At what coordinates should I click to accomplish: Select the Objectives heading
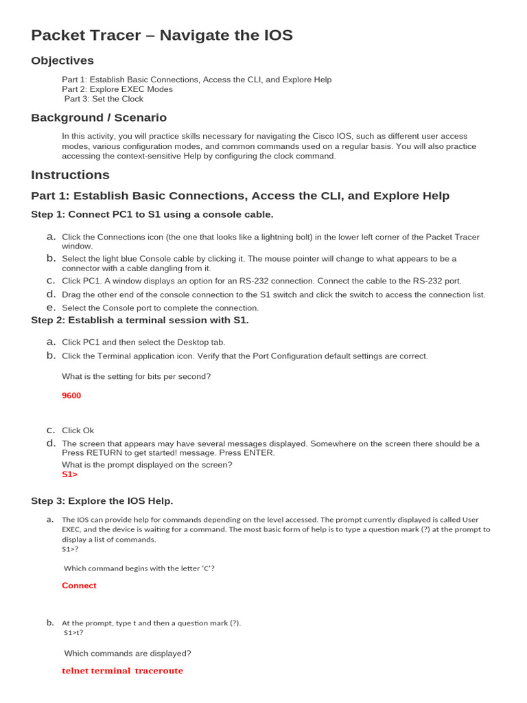62,61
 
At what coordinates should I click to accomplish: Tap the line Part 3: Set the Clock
104,99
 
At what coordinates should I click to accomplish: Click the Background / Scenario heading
99,118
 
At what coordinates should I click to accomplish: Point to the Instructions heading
70,175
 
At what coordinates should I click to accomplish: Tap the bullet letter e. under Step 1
51,308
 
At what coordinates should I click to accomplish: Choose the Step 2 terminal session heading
140,321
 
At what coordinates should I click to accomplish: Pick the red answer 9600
71,396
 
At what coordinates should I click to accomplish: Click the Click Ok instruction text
78,430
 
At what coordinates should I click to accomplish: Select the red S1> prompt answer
70,474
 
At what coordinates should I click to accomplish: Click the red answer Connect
80,586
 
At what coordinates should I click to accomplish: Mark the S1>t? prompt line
73,632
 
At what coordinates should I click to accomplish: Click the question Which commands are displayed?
128,654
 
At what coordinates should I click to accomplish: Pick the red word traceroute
159,671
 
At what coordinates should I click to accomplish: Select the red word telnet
75,671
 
